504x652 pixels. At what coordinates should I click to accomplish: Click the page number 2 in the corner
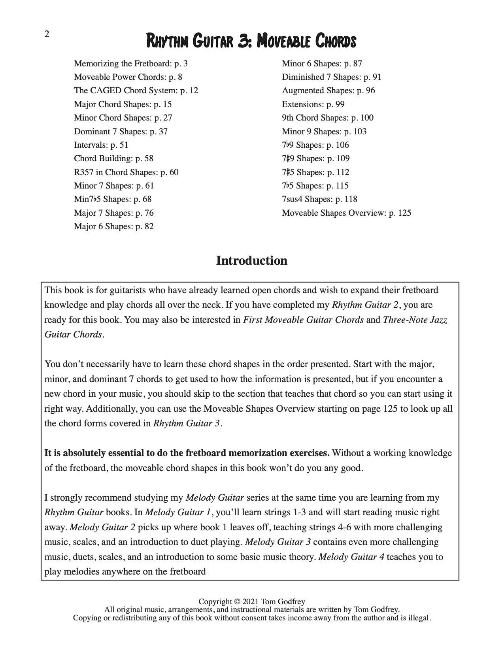[x=47, y=34]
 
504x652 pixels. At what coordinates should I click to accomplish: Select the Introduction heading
[x=251, y=261]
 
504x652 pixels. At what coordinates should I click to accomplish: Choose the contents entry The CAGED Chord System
[x=136, y=90]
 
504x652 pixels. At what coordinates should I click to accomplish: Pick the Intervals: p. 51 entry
[x=101, y=145]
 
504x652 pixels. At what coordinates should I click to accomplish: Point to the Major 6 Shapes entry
[x=113, y=226]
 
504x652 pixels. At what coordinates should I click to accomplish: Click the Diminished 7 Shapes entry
[x=331, y=77]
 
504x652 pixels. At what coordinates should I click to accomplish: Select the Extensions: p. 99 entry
[x=313, y=104]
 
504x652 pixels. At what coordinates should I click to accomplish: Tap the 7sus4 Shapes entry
[x=319, y=199]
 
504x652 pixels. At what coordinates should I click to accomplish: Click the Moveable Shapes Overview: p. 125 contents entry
[x=346, y=213]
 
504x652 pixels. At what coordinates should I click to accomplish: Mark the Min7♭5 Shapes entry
[x=112, y=199]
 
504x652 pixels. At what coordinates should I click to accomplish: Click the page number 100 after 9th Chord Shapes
[x=366, y=118]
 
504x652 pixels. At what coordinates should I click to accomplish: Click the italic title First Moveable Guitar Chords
[x=303, y=320]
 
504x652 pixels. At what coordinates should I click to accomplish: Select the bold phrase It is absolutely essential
[x=187, y=453]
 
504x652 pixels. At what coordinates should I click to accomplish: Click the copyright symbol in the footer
[x=237, y=602]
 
